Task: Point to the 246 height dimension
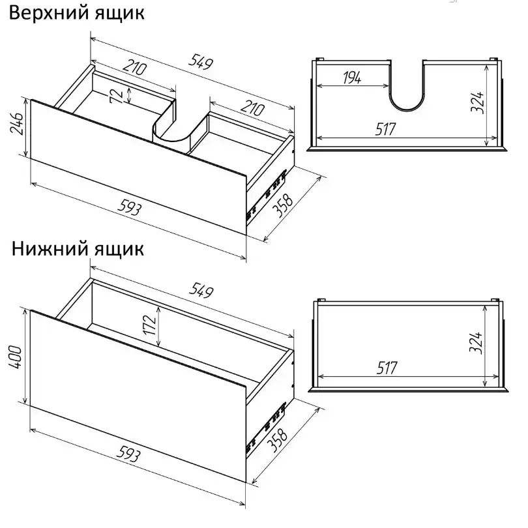tap(17, 124)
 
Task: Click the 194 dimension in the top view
tap(352, 78)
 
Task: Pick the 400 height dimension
tap(16, 357)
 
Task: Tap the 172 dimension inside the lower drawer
tap(149, 325)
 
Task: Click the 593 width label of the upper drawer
tap(129, 209)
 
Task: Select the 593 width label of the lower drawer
tap(128, 454)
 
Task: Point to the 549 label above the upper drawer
tap(201, 62)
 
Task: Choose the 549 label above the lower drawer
tap(201, 290)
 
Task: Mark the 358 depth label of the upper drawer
tap(282, 206)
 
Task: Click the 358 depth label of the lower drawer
tap(278, 440)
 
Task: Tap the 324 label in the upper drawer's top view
tap(478, 102)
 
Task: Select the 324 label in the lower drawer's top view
tap(476, 343)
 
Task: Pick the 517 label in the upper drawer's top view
tap(386, 129)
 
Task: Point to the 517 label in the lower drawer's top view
tap(387, 368)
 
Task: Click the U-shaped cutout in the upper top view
tap(407, 110)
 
